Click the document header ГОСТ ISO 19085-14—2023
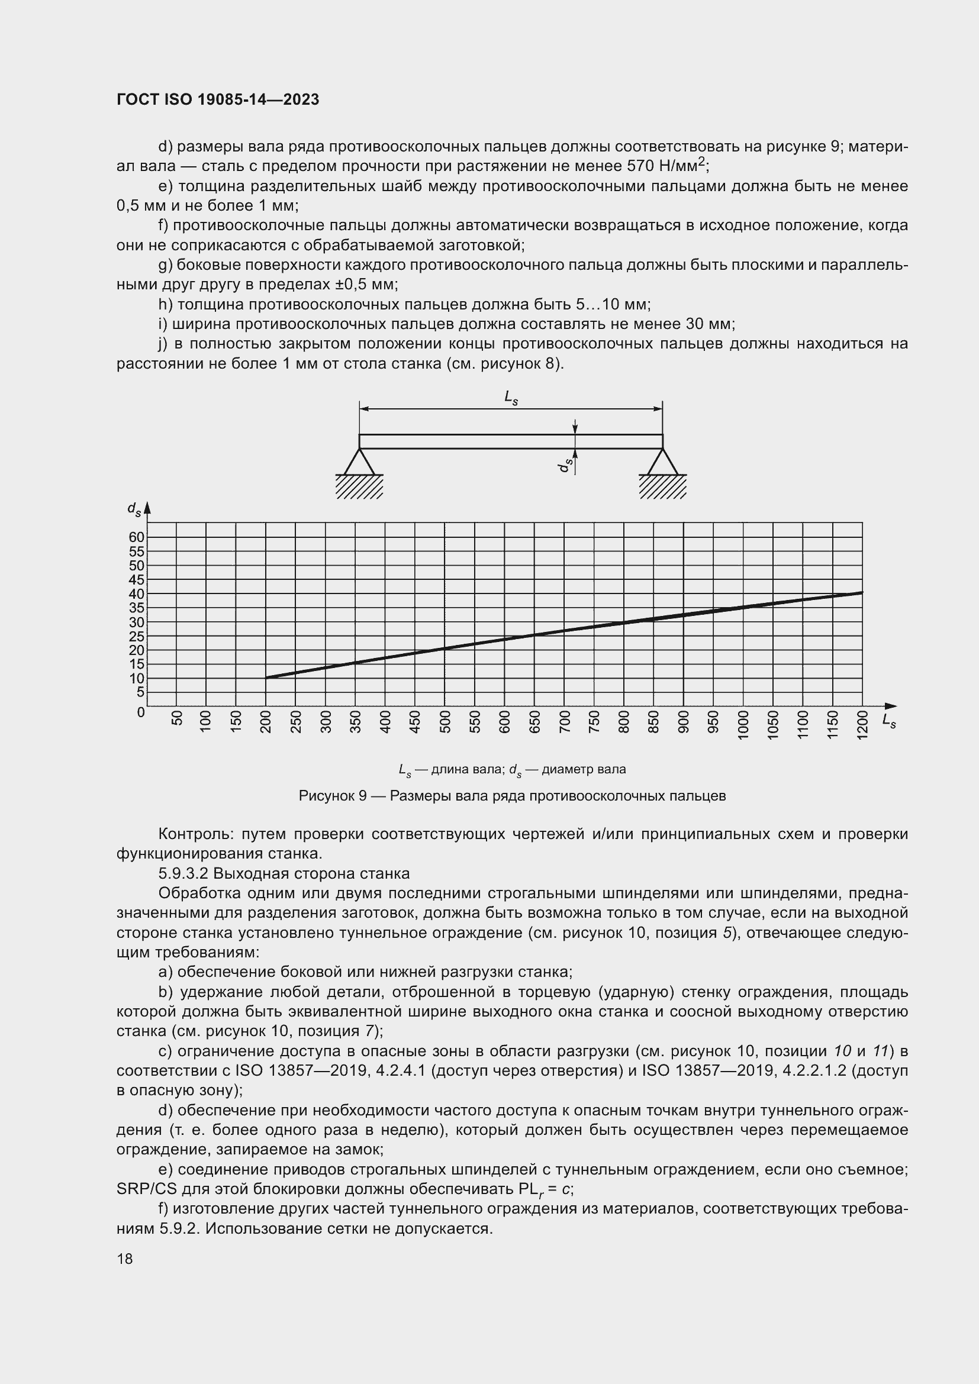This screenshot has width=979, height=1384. coord(218,99)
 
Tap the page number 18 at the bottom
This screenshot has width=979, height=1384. coord(125,1259)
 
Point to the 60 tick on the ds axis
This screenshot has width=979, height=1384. coord(137,537)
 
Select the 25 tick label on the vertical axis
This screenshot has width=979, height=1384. coord(137,636)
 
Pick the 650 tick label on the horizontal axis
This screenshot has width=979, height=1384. coord(534,721)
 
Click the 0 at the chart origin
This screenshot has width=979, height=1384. coord(141,712)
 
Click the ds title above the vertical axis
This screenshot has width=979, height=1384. coord(134,509)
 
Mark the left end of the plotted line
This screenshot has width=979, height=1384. coord(266,678)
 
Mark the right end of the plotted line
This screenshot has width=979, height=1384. coord(862,592)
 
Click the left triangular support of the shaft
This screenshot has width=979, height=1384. coord(359,462)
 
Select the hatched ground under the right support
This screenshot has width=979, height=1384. coord(662,486)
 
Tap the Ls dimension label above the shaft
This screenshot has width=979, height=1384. coord(511,398)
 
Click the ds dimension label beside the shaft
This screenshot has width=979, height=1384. coord(565,464)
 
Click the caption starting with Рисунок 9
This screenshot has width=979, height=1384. coord(512,796)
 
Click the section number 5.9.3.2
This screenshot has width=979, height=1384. coord(183,873)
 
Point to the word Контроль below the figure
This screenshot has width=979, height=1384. coord(195,834)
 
